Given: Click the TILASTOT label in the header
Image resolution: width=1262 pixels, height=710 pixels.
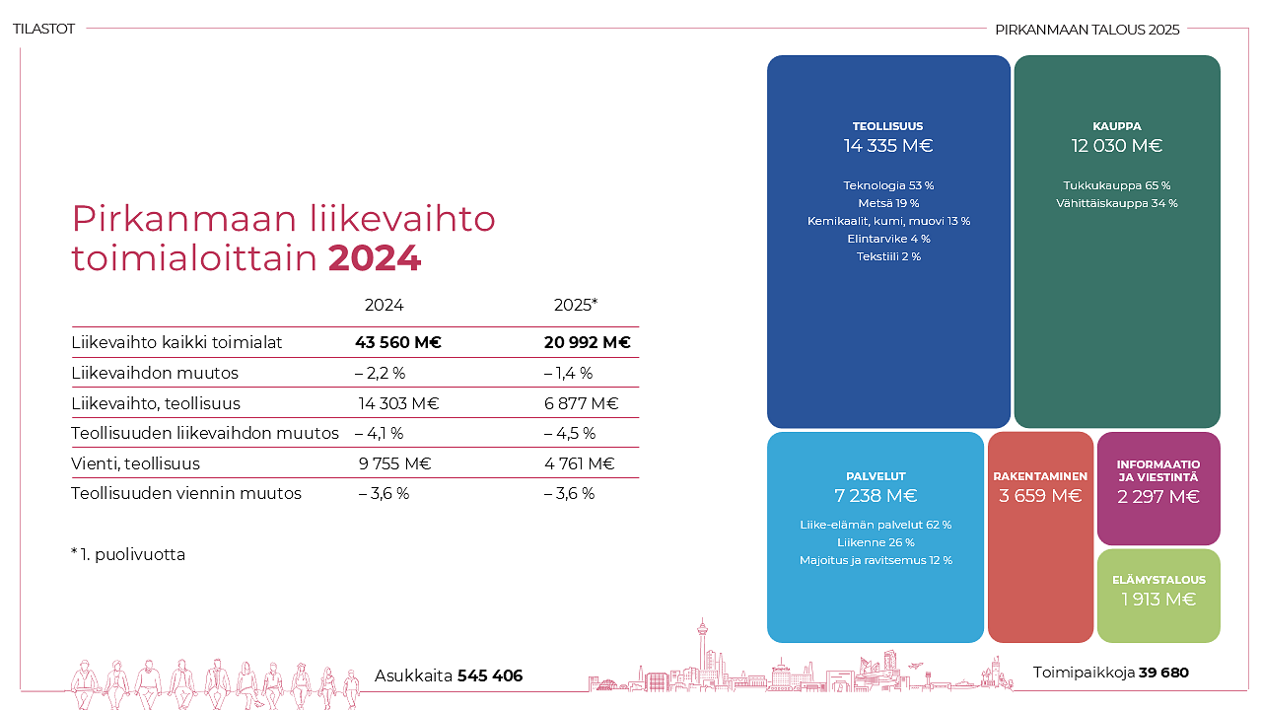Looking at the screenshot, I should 44,30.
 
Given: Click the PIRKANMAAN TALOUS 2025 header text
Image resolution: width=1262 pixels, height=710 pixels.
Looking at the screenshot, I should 1087,30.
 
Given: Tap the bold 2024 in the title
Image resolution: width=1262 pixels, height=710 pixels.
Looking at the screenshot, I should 375,258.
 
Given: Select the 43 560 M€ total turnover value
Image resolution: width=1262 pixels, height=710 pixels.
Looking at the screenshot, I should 397,343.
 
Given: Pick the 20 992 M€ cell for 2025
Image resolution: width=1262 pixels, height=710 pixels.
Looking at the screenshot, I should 587,343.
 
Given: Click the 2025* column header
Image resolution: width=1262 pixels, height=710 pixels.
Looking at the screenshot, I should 576,306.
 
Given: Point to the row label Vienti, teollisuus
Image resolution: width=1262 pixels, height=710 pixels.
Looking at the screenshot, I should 135,463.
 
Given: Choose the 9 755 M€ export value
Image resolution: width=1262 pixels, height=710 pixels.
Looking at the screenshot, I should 394,463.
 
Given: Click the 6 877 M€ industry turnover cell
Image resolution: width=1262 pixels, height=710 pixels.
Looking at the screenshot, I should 581,403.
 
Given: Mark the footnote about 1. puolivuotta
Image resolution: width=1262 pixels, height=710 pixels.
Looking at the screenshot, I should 128,554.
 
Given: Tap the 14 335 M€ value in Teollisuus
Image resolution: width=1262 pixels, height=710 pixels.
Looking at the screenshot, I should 888,146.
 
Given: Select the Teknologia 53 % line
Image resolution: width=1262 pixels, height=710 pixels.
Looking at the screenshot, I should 888,185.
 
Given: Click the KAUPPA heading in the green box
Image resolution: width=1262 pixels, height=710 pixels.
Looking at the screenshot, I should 1117,126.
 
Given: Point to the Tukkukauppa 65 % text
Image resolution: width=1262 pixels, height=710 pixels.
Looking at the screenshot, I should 1117,185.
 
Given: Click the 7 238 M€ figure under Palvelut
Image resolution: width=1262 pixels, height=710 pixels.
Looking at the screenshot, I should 876,496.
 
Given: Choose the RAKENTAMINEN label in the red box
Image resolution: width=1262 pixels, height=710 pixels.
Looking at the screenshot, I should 1040,476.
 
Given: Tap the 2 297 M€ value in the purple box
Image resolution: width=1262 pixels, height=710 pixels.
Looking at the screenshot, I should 1158,497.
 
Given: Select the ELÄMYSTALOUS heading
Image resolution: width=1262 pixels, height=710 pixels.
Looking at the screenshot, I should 1158,580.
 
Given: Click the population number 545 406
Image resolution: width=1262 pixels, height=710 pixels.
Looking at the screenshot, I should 490,676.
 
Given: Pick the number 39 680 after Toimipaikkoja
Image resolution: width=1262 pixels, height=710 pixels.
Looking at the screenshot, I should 1163,673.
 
